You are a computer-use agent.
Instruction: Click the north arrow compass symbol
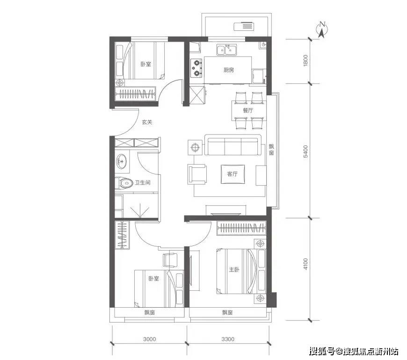coord(322,29)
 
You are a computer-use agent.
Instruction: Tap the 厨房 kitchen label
coord(228,70)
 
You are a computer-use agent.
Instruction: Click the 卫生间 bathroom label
coord(142,183)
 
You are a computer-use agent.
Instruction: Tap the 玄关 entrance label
coord(147,122)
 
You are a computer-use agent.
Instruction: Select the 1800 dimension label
coord(305,61)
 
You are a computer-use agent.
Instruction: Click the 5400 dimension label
coord(305,151)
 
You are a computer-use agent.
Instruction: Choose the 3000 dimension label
coord(149,339)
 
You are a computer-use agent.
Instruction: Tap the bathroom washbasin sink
coord(122,162)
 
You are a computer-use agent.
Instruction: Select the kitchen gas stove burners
coord(196,67)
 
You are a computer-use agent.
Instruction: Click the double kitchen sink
coord(227,49)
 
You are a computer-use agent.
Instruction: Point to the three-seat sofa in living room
coord(233,146)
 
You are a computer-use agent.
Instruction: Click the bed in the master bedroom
coord(236,271)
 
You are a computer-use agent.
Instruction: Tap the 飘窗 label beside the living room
coord(271,150)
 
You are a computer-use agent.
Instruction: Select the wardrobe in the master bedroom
coord(242,229)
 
